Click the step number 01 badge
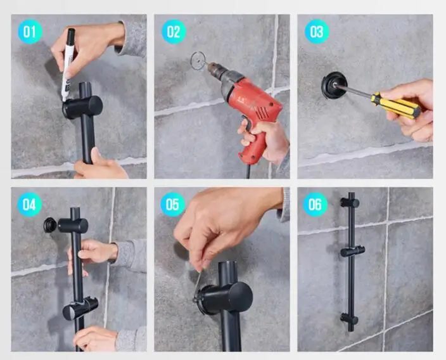(x=30, y=31)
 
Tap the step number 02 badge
(x=174, y=31)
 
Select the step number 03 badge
(x=317, y=31)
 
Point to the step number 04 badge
(x=29, y=204)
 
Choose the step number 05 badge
(x=173, y=204)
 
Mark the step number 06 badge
(x=315, y=204)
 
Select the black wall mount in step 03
(x=334, y=85)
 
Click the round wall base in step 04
(x=50, y=225)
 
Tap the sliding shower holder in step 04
(x=80, y=308)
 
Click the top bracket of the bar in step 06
(x=350, y=203)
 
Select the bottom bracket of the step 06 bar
(x=349, y=319)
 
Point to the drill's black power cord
(x=248, y=170)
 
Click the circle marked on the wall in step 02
(x=198, y=61)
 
